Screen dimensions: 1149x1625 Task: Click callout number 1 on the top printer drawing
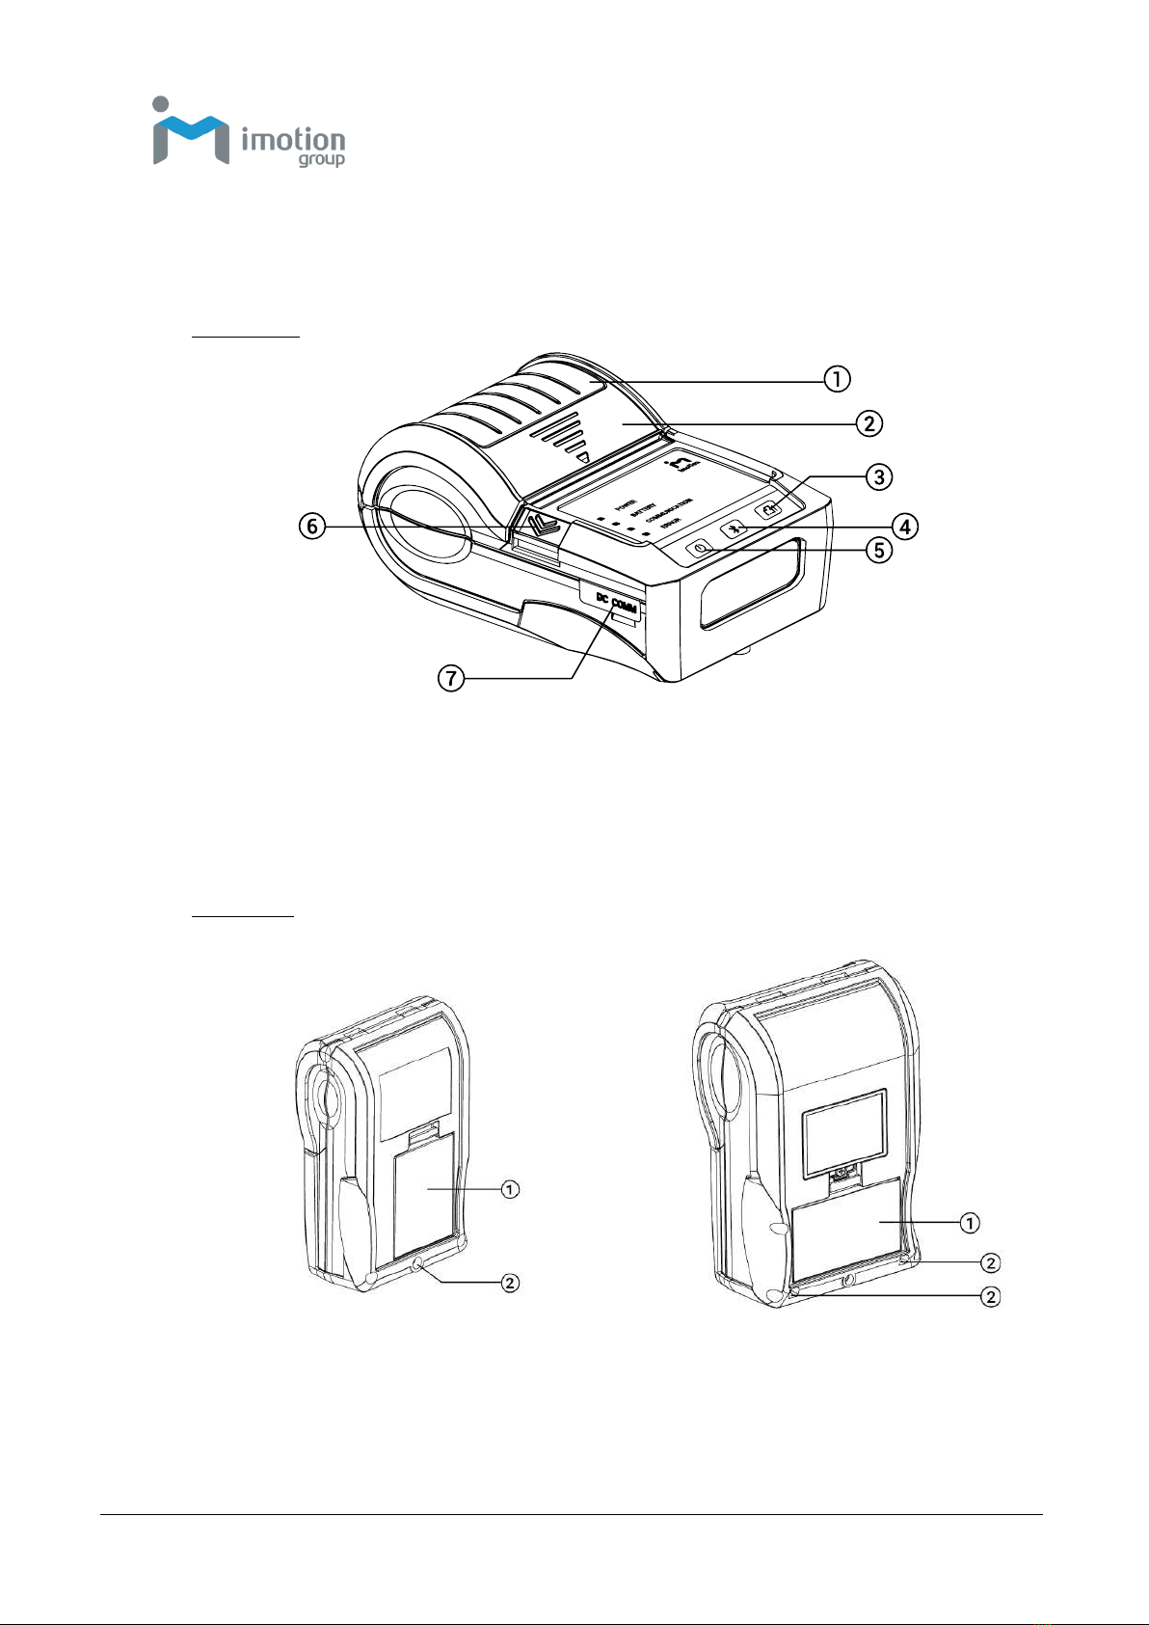[837, 379]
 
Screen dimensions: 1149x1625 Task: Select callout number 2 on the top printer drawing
[868, 422]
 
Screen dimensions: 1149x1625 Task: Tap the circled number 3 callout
[877, 476]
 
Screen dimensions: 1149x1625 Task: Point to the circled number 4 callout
[904, 527]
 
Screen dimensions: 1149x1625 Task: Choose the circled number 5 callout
[877, 551]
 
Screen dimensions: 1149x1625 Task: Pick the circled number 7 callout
[450, 679]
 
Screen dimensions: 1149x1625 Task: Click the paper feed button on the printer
[769, 510]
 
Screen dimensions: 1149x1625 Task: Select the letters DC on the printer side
[601, 597]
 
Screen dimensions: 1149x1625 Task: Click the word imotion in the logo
[292, 141]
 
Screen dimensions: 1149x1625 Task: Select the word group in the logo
[321, 160]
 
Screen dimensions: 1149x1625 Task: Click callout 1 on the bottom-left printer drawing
[510, 1189]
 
